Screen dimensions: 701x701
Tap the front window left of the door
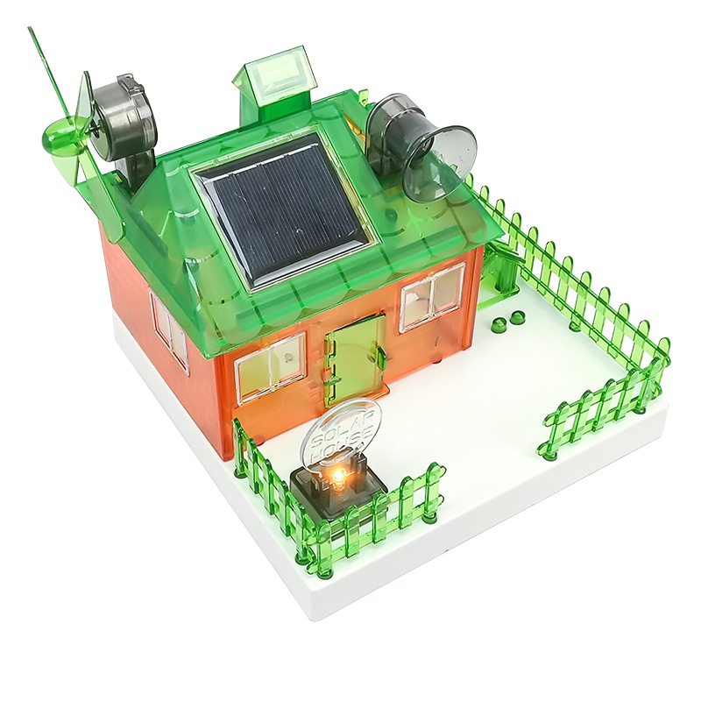point(271,366)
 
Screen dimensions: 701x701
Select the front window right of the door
point(432,298)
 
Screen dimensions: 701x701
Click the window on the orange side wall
point(168,329)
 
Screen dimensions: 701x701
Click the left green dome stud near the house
point(499,325)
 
